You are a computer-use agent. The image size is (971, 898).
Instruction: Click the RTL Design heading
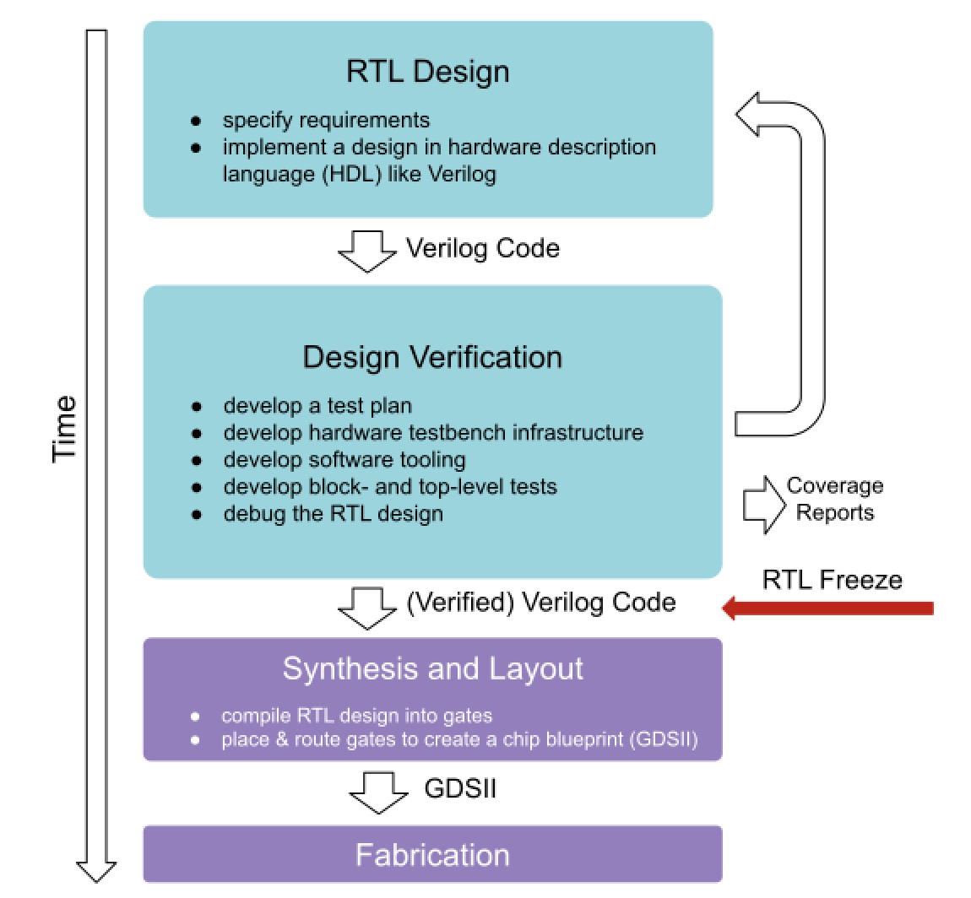(427, 71)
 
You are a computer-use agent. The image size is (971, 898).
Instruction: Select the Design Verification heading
(432, 357)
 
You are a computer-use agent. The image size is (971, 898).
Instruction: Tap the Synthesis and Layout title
(432, 668)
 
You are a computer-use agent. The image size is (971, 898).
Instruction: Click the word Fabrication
(432, 855)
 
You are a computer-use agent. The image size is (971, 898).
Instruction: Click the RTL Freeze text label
(832, 580)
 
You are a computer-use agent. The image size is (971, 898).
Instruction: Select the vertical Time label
(65, 428)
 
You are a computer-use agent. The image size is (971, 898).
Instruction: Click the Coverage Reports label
(834, 499)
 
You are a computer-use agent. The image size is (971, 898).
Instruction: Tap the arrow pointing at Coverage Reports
(763, 504)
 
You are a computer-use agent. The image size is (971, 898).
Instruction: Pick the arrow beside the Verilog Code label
(367, 251)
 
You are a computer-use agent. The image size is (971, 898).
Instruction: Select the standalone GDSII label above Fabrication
(460, 788)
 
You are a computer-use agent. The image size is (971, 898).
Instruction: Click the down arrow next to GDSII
(378, 792)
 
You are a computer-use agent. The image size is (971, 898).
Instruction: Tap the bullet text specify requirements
(326, 120)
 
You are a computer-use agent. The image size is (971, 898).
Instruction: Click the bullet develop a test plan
(317, 406)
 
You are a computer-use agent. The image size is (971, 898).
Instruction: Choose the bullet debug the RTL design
(333, 513)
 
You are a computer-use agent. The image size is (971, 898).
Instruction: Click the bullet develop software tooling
(344, 460)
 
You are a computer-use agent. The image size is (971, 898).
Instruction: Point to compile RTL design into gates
(356, 716)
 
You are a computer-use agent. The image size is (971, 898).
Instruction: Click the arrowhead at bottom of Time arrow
(96, 871)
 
